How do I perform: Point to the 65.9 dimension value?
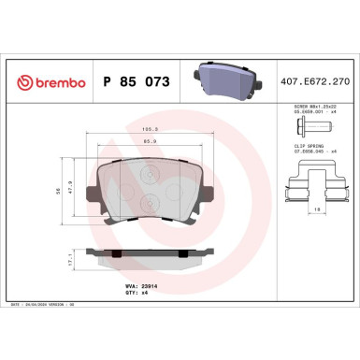(148, 142)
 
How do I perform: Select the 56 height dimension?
(60, 189)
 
